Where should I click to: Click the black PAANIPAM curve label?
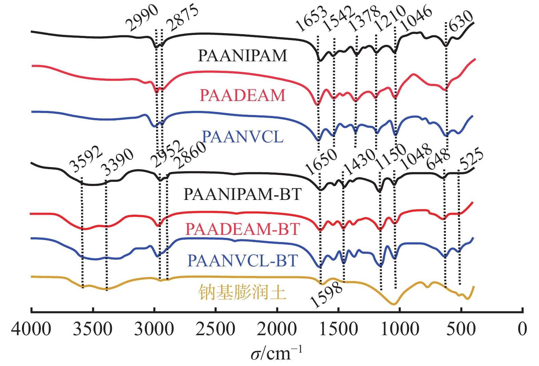coord(242,56)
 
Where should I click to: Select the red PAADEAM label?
coord(242,95)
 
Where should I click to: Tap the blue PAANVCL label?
coord(243,137)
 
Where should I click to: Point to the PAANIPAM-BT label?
coord(242,194)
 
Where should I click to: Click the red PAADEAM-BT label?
coord(242,229)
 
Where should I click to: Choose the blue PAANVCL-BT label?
coord(242,261)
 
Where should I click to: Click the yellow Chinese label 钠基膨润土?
coord(242,293)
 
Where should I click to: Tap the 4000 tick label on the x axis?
coord(31,329)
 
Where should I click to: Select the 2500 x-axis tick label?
coord(215,329)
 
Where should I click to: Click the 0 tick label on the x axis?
coord(522,329)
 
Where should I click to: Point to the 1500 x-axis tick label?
coord(338,329)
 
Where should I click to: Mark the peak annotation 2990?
coord(142,18)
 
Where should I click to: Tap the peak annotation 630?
coord(461,21)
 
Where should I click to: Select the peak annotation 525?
coord(472,160)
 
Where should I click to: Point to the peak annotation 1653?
coord(311,19)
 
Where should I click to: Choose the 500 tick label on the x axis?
coord(461,329)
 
